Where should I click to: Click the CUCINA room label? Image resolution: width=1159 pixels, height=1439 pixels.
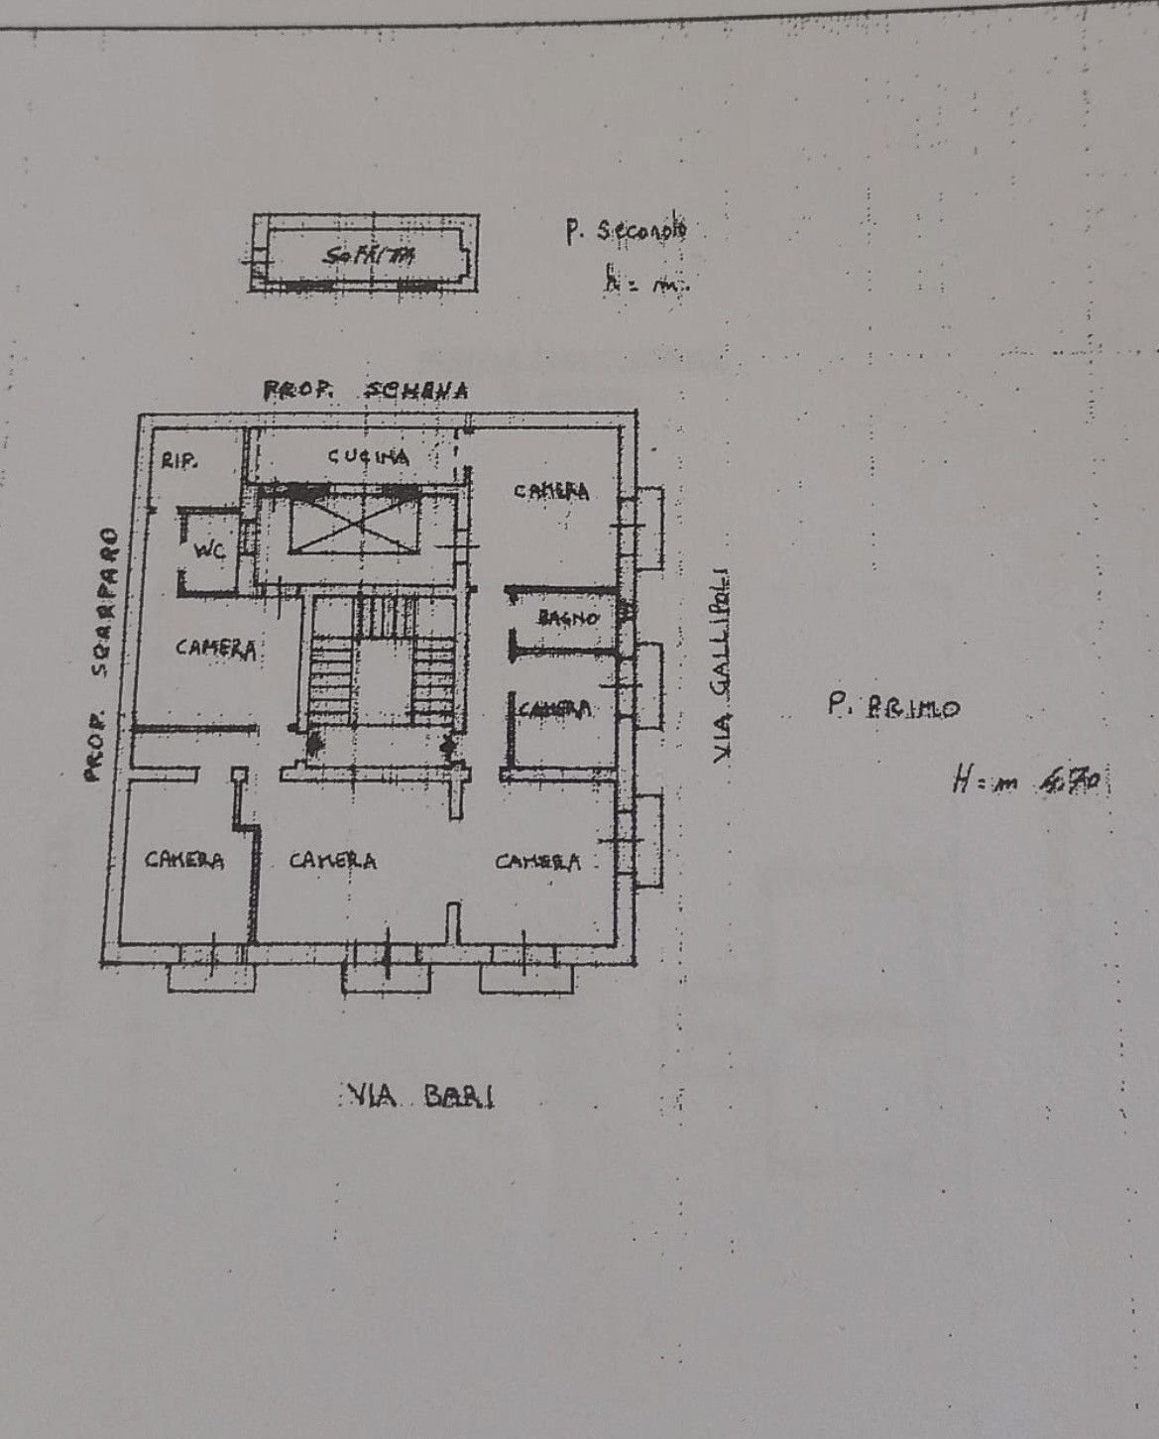point(368,457)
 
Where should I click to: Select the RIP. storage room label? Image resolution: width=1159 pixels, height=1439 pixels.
point(179,460)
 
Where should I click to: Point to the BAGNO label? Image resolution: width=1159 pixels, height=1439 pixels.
point(568,618)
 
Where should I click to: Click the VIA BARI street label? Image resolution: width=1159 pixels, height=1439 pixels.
point(420,1096)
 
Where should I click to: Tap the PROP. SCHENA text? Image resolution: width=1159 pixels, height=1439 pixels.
point(365,391)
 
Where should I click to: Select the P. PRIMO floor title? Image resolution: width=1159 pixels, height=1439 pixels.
point(892,707)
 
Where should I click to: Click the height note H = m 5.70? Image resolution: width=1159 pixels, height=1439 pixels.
point(1024,781)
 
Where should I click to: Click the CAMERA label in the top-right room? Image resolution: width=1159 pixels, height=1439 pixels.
point(551,490)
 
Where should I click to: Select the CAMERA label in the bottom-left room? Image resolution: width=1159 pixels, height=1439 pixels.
point(184,859)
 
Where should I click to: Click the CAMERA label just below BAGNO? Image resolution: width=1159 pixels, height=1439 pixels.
point(555,709)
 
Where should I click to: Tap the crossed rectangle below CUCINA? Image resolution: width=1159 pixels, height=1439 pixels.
point(354,524)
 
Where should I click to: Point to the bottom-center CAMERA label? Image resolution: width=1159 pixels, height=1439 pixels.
point(332,860)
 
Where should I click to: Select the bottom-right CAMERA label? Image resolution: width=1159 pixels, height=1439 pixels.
point(538,862)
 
